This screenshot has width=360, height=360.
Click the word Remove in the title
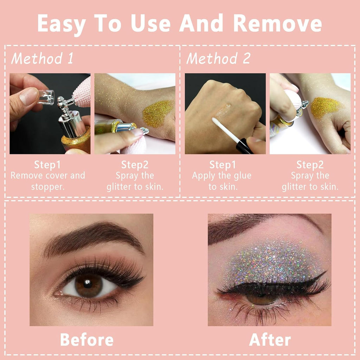point(277,24)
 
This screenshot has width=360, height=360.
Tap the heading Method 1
point(42,58)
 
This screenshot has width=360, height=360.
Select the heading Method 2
point(218,58)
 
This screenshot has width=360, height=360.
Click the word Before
point(87,340)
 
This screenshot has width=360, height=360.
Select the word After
point(270,340)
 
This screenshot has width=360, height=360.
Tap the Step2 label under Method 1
point(135,165)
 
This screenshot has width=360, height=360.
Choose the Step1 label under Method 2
point(223,165)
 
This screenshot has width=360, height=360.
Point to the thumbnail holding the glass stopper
point(29,96)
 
